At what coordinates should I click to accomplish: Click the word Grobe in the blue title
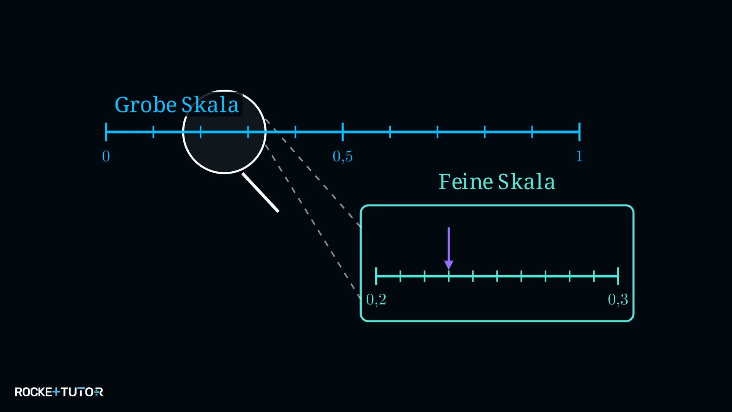point(146,105)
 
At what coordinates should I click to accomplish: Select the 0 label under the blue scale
point(106,156)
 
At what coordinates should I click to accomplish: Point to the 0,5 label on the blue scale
point(343,156)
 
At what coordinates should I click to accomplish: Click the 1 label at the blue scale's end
point(579,156)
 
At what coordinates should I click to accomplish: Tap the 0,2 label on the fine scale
point(376,299)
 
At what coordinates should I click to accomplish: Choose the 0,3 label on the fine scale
point(618,299)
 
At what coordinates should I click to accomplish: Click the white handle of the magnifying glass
point(260,192)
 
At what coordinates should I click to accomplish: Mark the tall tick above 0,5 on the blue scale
point(343,132)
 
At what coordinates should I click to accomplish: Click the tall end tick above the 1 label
point(579,132)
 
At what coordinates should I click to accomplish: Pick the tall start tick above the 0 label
point(106,132)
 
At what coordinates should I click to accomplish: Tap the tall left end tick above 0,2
point(376,276)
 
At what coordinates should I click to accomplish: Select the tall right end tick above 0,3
point(618,276)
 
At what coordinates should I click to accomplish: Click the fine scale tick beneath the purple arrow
point(449,276)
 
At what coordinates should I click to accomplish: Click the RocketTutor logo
point(59,392)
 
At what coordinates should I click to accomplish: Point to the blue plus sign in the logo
point(56,392)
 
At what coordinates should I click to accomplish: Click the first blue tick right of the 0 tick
point(153,132)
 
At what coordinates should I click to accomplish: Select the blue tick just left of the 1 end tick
point(532,132)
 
